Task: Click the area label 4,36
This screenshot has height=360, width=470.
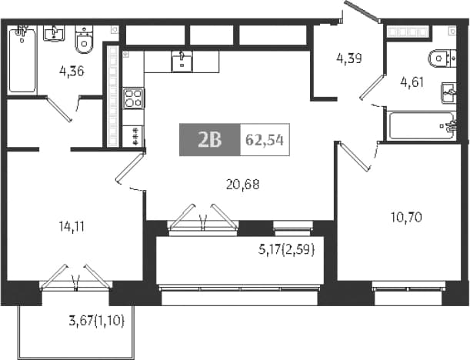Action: click(x=72, y=72)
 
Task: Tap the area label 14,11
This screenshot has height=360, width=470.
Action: click(x=72, y=227)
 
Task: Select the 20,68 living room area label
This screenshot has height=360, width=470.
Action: click(x=243, y=185)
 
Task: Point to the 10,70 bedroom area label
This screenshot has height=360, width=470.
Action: click(x=406, y=217)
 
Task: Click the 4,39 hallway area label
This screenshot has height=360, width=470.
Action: click(x=349, y=58)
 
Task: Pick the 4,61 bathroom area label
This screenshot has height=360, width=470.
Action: click(x=412, y=82)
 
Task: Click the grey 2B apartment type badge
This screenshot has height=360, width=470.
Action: click(x=210, y=140)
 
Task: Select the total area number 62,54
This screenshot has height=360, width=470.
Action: click(x=265, y=140)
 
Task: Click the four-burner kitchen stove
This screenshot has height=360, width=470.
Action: click(x=133, y=98)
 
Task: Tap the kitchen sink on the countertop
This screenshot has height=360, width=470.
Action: click(x=182, y=62)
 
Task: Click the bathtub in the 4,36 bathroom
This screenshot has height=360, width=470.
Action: click(x=22, y=61)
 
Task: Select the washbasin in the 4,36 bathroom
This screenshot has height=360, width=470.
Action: click(x=53, y=33)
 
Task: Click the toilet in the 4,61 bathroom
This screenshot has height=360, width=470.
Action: click(x=442, y=58)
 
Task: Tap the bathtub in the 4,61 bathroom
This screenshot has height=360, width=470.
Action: click(x=422, y=125)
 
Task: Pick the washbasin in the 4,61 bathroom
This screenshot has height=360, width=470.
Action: click(x=448, y=93)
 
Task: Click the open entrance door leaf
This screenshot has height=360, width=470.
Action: click(x=362, y=11)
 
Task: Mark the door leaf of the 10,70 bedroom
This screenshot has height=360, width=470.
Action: click(x=354, y=157)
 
